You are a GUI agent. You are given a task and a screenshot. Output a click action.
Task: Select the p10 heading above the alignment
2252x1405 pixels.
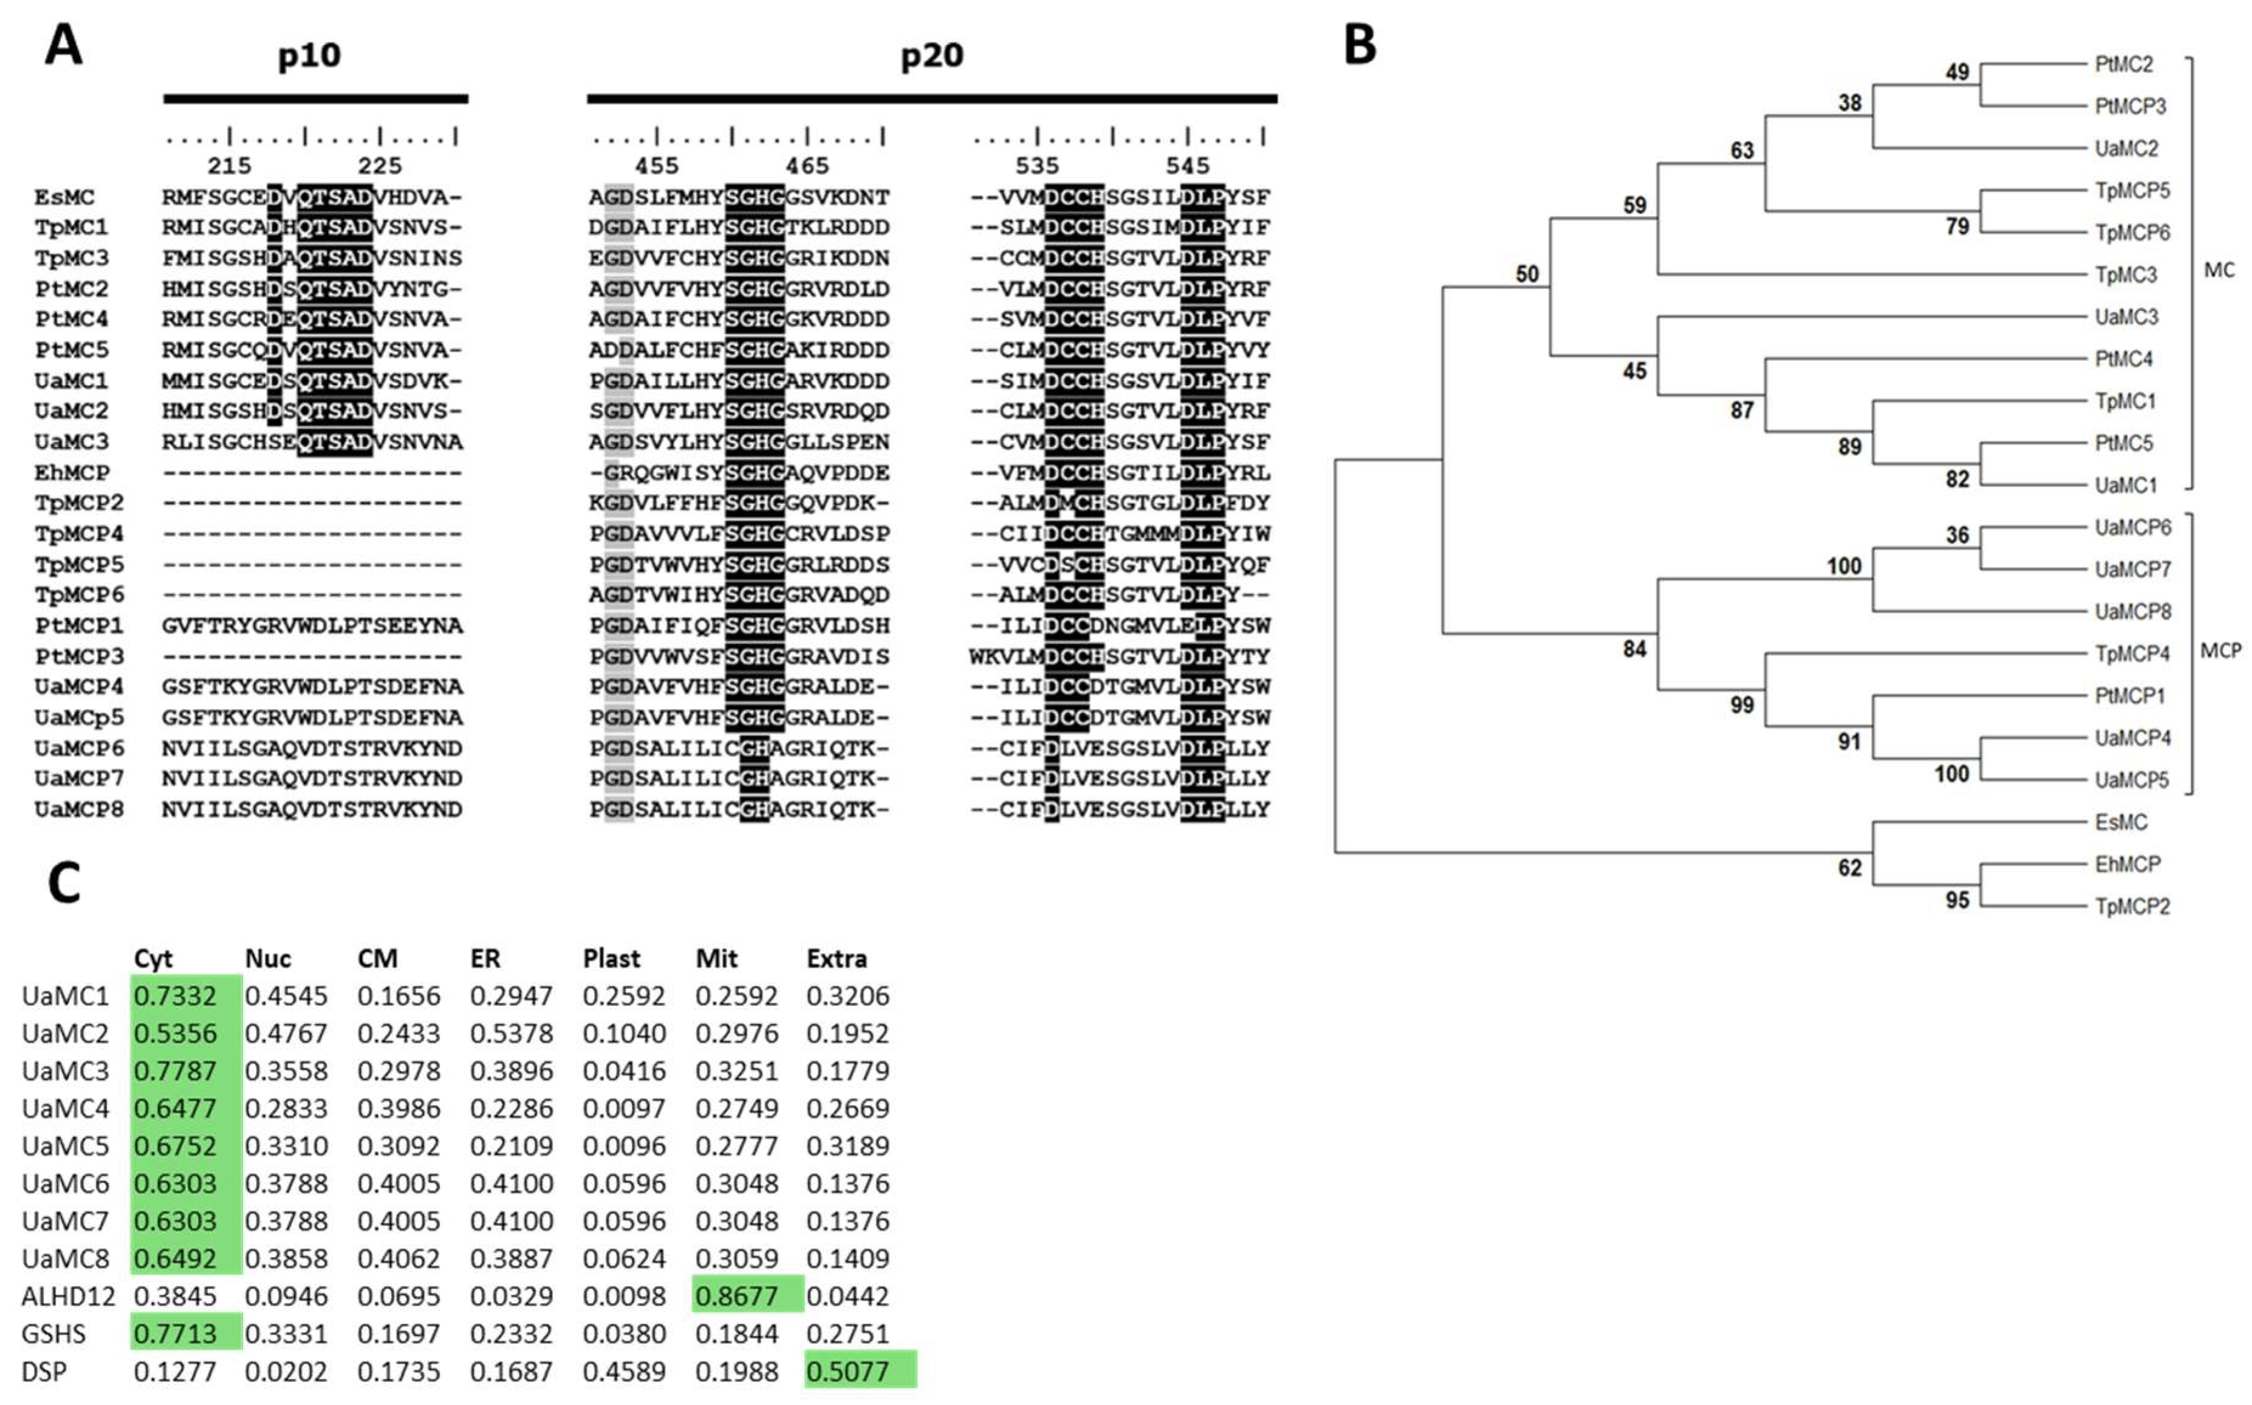pos(309,56)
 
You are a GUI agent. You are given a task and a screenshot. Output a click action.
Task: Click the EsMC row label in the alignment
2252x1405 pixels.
pos(64,197)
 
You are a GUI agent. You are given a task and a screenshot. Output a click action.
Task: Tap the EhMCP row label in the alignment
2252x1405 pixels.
pos(72,472)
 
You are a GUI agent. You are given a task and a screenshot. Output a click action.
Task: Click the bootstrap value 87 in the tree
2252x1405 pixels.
pos(1741,410)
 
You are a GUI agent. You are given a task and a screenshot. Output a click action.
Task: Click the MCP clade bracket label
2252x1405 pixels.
pos(2220,650)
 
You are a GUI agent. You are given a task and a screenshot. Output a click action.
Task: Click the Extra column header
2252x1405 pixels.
pos(837,958)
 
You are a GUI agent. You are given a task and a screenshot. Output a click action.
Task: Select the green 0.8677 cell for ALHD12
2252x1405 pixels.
pos(737,1295)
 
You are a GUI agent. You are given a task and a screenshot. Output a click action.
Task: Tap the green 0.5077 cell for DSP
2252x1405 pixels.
pos(847,1370)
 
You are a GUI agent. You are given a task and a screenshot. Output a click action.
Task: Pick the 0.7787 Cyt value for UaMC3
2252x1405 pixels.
pos(175,1070)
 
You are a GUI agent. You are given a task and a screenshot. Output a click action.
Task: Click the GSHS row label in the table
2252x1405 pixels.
pos(54,1333)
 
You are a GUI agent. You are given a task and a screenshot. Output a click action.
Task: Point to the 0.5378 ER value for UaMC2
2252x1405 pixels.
pos(511,1033)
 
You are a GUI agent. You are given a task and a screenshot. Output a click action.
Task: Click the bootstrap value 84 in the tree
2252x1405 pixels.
pos(1634,648)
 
